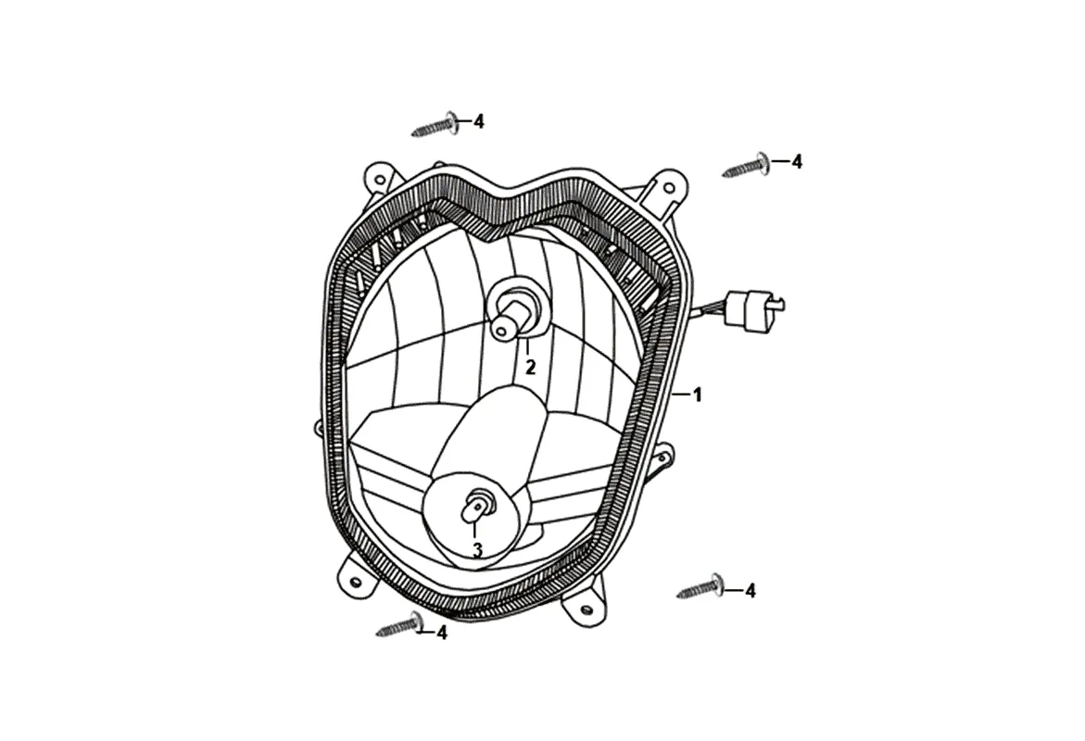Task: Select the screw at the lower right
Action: [x=701, y=587]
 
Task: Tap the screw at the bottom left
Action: [x=400, y=626]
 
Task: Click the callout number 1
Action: [x=698, y=396]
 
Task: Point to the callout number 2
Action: [x=530, y=368]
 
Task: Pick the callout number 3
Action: [x=477, y=550]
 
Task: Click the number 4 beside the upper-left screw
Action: [x=479, y=121]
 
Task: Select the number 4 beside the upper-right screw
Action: [x=797, y=162]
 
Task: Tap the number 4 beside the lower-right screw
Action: [x=751, y=591]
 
